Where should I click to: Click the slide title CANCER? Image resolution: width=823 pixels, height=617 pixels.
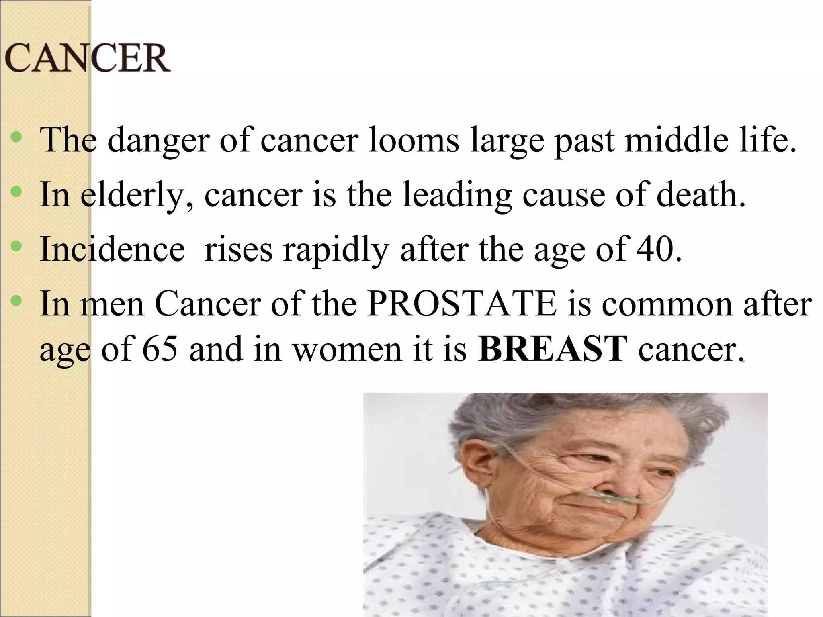pyautogui.click(x=87, y=58)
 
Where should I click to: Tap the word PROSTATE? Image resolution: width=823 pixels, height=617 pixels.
pyautogui.click(x=462, y=304)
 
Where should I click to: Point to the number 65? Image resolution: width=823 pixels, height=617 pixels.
pyautogui.click(x=160, y=348)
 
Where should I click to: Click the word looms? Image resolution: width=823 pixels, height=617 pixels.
pyautogui.click(x=414, y=140)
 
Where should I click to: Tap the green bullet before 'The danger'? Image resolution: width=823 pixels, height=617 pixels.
pyautogui.click(x=16, y=138)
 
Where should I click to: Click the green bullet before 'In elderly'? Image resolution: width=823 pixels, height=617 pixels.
pyautogui.click(x=16, y=192)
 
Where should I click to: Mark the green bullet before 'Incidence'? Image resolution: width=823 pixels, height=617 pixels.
pyautogui.click(x=16, y=246)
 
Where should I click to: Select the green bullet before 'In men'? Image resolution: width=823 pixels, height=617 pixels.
pyautogui.click(x=16, y=300)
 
